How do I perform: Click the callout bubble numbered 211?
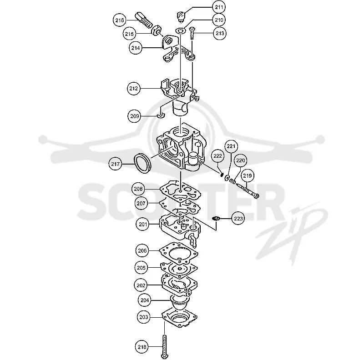(x=219, y=7)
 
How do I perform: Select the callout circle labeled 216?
(x=120, y=20)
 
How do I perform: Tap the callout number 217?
(x=115, y=164)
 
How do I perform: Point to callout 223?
(x=238, y=219)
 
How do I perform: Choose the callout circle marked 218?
(x=142, y=347)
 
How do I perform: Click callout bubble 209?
(x=134, y=116)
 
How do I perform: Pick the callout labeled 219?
(x=247, y=175)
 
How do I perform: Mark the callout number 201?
(x=143, y=224)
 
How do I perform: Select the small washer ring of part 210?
(x=180, y=30)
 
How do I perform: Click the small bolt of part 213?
(x=192, y=33)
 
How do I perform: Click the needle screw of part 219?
(x=247, y=190)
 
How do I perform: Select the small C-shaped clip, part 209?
(x=160, y=115)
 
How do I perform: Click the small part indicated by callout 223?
(x=216, y=219)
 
